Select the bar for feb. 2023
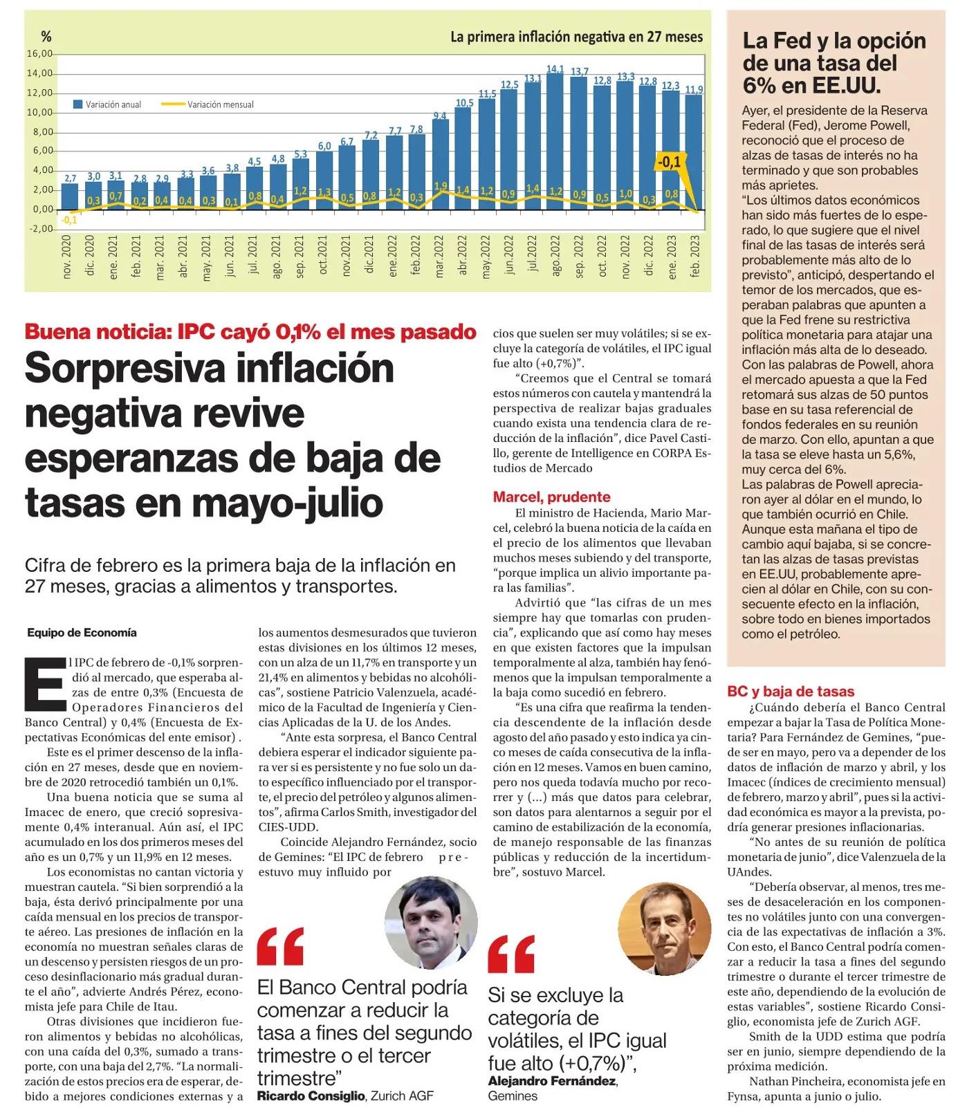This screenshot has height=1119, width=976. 694,152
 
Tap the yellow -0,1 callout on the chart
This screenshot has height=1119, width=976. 668,162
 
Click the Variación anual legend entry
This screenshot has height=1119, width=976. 108,104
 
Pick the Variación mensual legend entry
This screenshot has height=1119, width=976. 208,104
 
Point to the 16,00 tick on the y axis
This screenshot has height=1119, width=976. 39,54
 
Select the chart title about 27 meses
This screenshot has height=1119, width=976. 576,37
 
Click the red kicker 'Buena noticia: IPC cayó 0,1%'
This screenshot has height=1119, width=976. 250,331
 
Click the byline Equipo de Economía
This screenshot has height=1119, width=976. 82,632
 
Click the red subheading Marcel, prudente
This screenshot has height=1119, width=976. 552,497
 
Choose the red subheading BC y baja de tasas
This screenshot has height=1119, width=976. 791,691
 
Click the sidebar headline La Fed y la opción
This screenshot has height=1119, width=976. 834,41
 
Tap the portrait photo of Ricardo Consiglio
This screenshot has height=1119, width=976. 431,923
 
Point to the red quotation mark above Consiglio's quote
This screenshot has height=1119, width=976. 280,947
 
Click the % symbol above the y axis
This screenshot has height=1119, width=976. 46,37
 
